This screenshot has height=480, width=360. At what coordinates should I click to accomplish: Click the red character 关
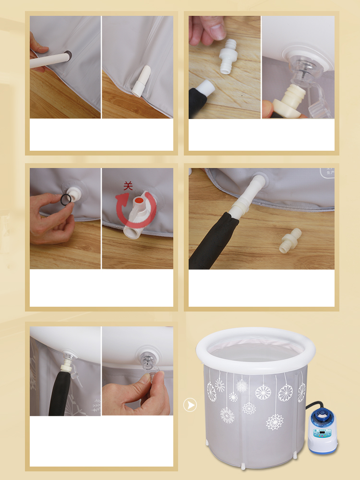pyautogui.click(x=128, y=185)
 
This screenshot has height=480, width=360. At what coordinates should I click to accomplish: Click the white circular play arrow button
pyautogui.click(x=191, y=405)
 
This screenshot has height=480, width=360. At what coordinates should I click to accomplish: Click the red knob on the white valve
pyautogui.click(x=138, y=199)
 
